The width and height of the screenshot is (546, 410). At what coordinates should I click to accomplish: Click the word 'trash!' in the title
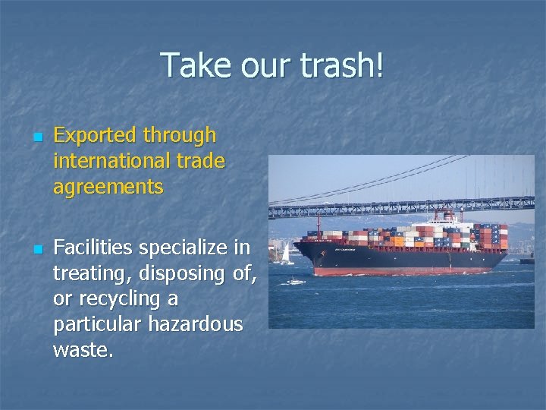(x=341, y=65)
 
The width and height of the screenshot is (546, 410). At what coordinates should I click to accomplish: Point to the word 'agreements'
(x=108, y=187)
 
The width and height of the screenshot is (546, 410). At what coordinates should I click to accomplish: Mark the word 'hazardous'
(x=196, y=324)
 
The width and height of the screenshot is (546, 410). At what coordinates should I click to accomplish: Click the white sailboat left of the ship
(x=287, y=255)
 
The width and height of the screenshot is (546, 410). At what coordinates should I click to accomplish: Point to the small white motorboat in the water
(x=296, y=282)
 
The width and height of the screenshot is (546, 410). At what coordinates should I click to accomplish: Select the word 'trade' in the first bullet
(x=200, y=161)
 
